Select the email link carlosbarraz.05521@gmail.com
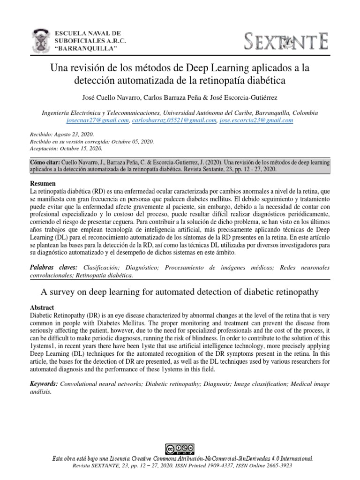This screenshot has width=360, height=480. coord(174,120)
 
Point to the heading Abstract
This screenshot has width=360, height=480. coord(42,307)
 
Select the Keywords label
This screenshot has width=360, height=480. coord(44,383)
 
